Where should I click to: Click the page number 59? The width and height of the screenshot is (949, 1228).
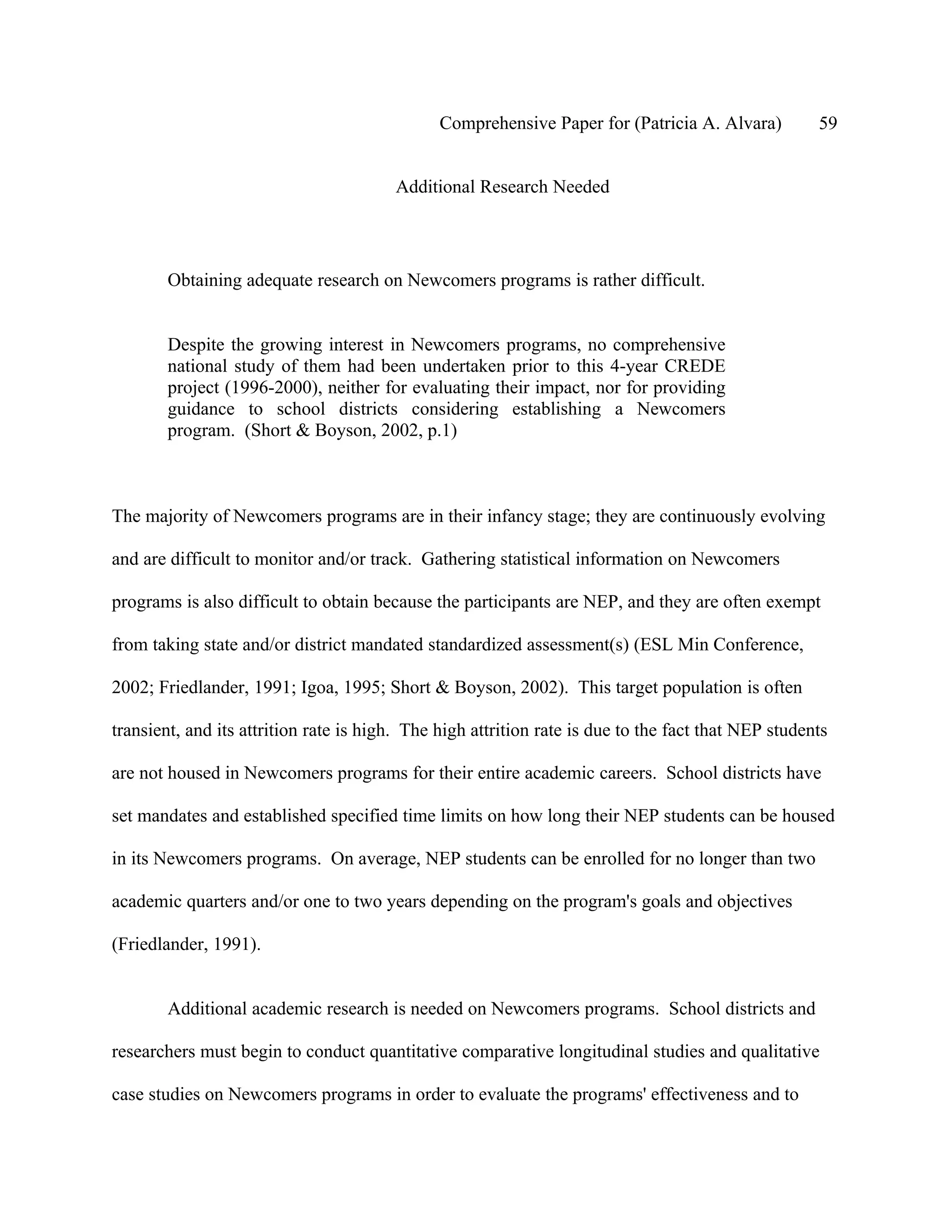828,123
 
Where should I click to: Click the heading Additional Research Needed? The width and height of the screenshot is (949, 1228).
502,187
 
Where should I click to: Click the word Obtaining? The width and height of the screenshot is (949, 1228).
205,280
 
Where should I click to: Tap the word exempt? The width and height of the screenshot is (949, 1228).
793,601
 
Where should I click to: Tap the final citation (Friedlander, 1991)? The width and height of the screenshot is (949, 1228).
186,944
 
